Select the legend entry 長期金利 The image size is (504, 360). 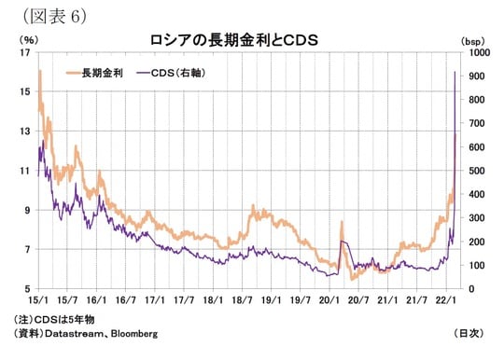(104, 72)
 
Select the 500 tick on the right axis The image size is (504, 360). (469, 171)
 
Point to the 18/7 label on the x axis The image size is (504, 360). (242, 301)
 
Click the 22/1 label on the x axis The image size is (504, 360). (446, 301)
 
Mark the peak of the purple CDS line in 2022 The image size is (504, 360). (455, 71)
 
